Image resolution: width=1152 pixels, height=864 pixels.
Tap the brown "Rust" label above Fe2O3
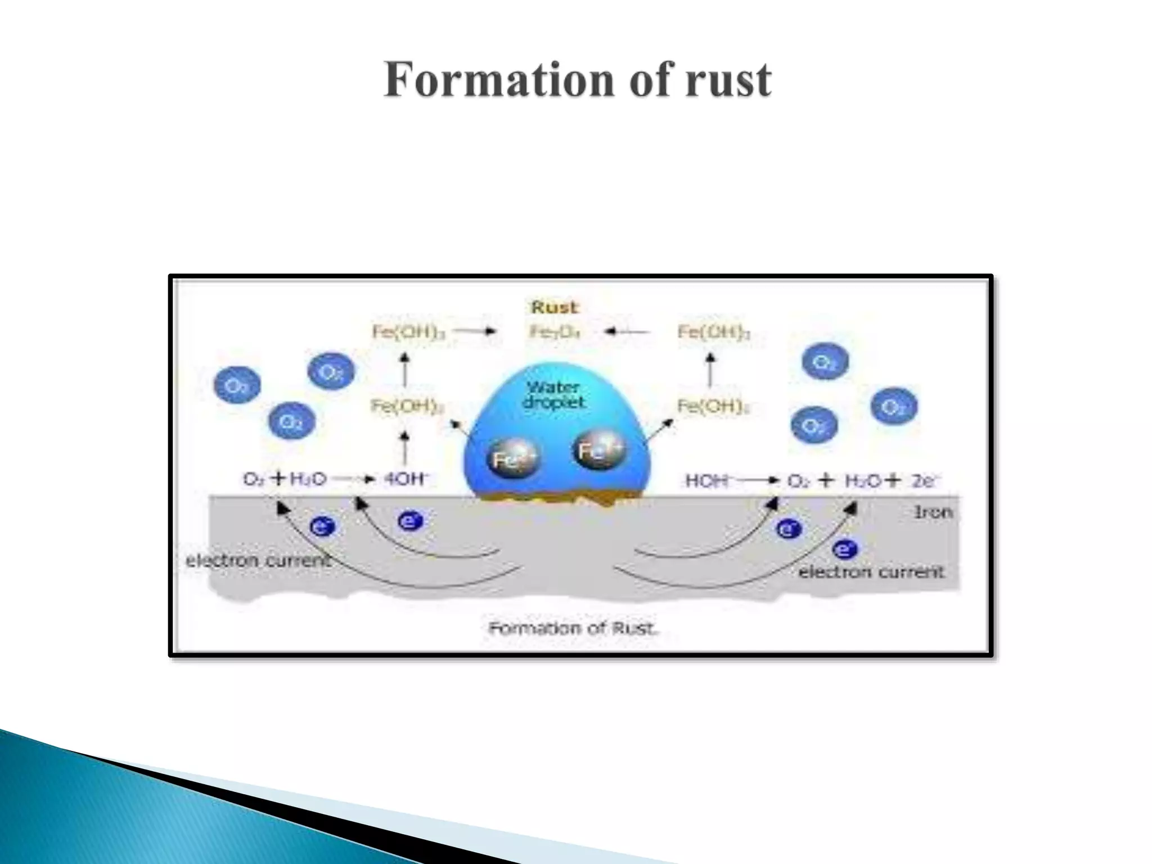(x=554, y=307)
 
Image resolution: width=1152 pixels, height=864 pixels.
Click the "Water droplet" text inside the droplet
(x=553, y=395)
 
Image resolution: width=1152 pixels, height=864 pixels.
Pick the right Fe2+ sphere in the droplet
(x=599, y=449)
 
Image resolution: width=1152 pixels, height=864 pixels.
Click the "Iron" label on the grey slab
(x=933, y=512)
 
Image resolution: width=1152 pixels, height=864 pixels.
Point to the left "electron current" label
(x=258, y=560)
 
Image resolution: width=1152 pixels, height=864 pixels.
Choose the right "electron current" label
(x=871, y=572)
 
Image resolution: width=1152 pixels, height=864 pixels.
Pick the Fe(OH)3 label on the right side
(x=713, y=332)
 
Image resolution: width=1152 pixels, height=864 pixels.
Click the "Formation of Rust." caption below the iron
(x=573, y=628)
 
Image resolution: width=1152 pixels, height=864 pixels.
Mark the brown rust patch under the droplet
(x=557, y=499)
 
